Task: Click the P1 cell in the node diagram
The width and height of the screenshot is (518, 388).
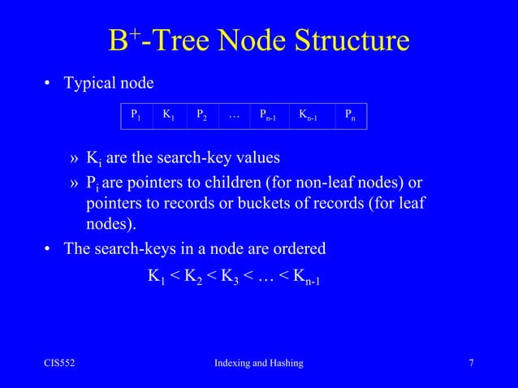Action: pyautogui.click(x=136, y=116)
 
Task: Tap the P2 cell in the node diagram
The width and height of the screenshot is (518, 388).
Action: pyautogui.click(x=201, y=116)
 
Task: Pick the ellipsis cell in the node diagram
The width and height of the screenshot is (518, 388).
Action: pyautogui.click(x=234, y=116)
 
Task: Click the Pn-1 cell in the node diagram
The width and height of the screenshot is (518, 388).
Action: pyautogui.click(x=269, y=116)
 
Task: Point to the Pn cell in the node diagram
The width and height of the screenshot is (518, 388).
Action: pyautogui.click(x=350, y=116)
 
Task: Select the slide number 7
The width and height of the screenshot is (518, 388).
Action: pyautogui.click(x=471, y=363)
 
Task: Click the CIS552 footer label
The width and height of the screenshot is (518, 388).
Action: pyautogui.click(x=59, y=363)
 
